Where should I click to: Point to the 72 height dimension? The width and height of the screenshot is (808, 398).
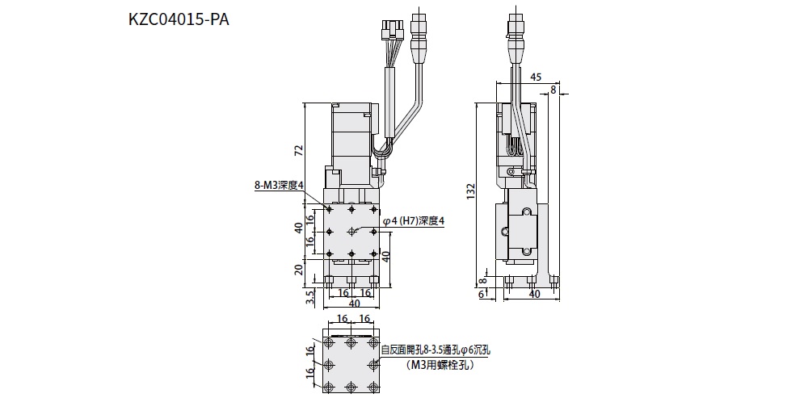(299, 149)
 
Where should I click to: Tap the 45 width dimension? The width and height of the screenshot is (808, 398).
(536, 78)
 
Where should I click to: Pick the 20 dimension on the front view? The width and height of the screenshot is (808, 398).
(299, 269)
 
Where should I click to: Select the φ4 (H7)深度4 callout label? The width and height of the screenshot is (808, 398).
(414, 220)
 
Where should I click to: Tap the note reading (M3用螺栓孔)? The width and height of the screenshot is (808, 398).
(437, 365)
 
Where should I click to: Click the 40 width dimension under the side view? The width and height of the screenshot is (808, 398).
(533, 295)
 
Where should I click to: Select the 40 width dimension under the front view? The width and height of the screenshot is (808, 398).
(353, 304)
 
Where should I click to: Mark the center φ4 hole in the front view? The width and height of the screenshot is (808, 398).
(352, 232)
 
